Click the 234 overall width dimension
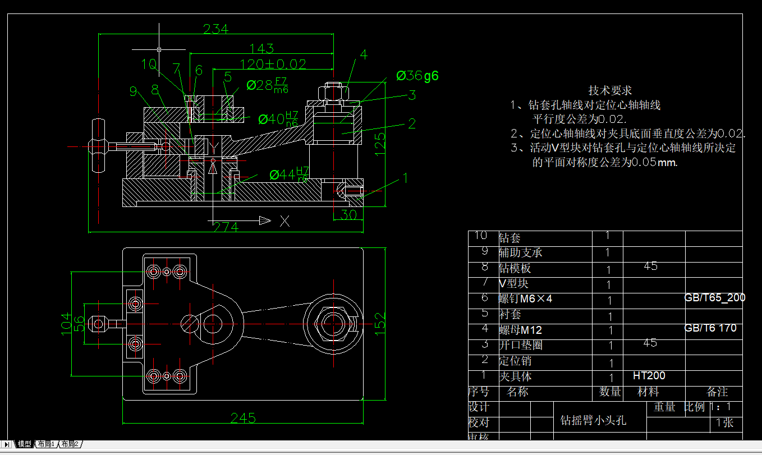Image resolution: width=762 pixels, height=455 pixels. click(x=215, y=29)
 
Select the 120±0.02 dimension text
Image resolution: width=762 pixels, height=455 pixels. click(x=273, y=64)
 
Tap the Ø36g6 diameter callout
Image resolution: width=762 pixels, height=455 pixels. click(x=417, y=76)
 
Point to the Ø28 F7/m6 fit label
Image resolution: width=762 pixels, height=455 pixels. click(x=268, y=85)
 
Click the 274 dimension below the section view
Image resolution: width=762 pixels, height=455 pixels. click(x=225, y=227)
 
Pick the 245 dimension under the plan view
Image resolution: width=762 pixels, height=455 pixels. click(x=243, y=418)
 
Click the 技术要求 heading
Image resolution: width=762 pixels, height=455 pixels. click(x=610, y=90)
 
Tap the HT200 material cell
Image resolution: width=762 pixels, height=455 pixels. click(x=649, y=375)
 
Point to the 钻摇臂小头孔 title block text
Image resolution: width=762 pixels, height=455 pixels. click(x=593, y=420)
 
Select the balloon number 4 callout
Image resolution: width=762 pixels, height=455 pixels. click(x=364, y=54)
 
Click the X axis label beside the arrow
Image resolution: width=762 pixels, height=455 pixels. click(x=284, y=221)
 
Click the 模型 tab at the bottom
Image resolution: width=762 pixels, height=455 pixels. click(x=24, y=444)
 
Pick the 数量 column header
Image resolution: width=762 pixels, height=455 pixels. click(x=610, y=392)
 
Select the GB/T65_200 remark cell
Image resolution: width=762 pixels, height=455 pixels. click(x=714, y=297)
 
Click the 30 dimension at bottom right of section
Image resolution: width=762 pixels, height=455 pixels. click(x=348, y=215)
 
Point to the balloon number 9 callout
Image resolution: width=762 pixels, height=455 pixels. click(x=133, y=90)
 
